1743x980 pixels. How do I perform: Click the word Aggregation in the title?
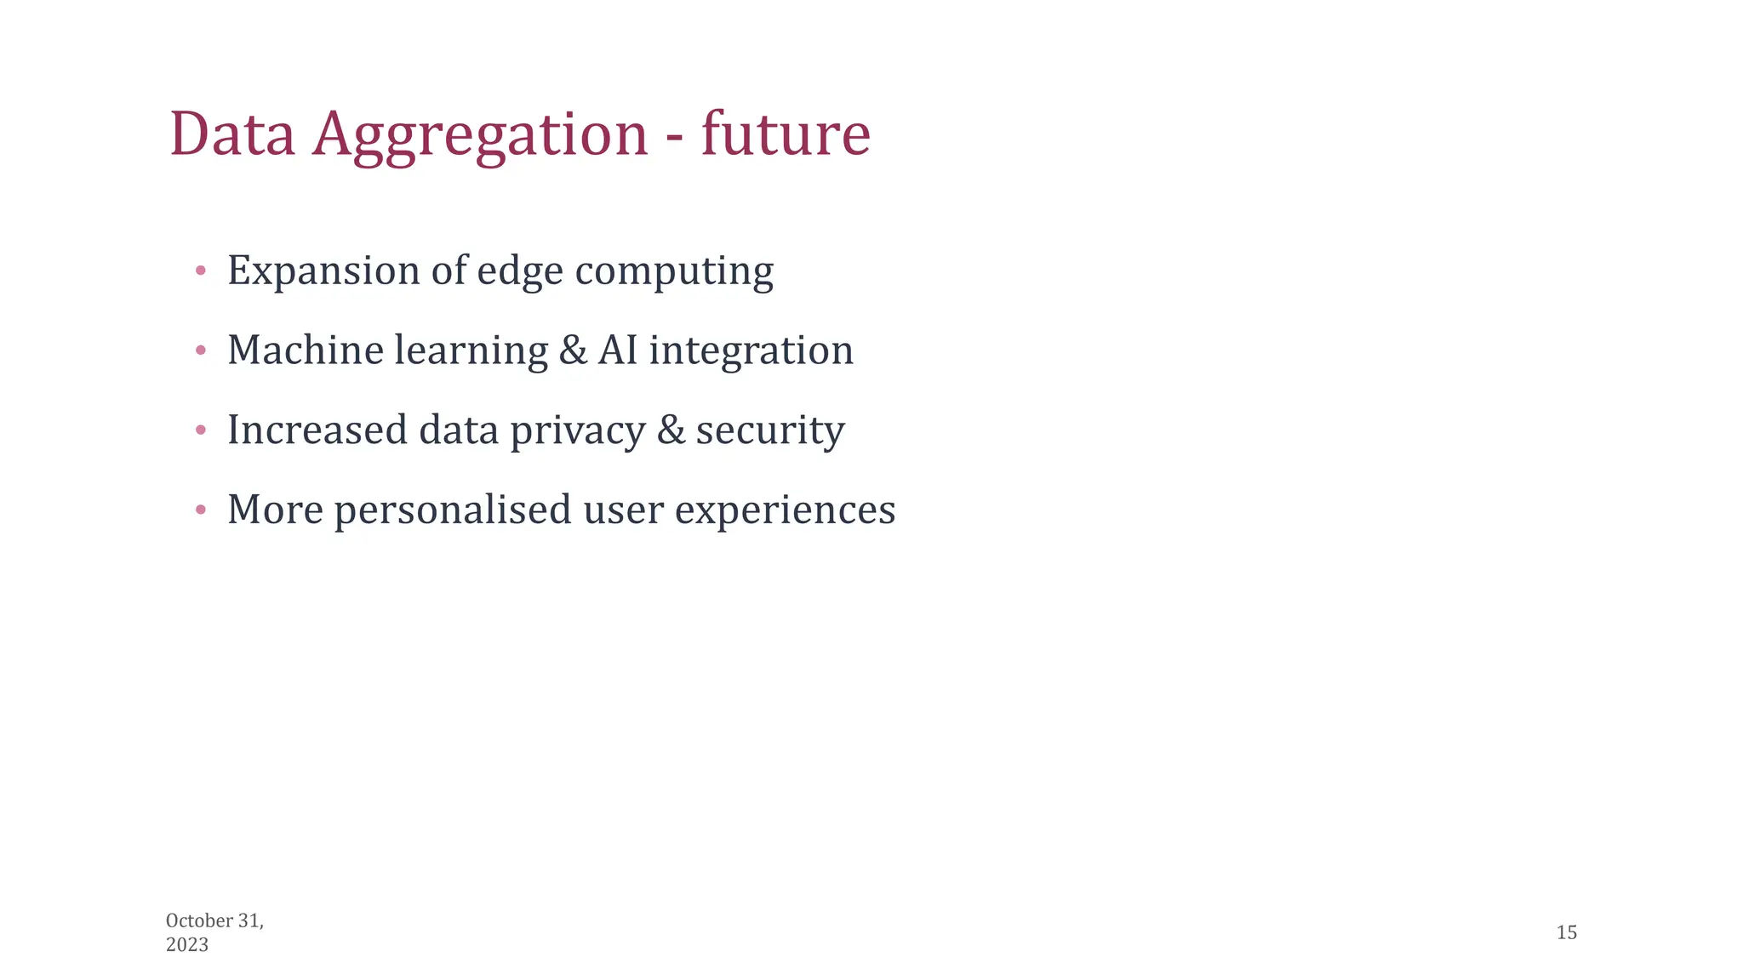479,134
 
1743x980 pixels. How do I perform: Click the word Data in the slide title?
231,134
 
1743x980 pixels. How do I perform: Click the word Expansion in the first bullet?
323,271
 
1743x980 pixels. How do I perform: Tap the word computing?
674,271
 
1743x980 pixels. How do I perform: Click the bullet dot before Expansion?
201,271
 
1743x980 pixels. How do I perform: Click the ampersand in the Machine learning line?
573,350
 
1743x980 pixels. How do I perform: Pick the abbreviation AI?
618,350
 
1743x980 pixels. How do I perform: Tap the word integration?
751,350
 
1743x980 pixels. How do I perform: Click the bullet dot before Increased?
201,430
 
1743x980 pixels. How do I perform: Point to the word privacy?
577,430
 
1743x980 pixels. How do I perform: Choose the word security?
769,430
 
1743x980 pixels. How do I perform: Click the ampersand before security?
671,430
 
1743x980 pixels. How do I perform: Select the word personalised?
453,510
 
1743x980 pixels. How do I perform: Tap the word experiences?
785,510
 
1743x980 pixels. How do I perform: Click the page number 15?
1566,932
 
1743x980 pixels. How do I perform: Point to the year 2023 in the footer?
187,945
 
